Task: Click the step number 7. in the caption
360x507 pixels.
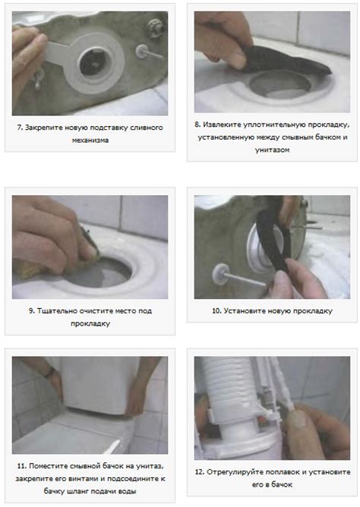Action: (20, 128)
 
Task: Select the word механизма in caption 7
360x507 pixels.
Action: (90, 140)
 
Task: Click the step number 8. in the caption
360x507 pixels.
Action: (197, 124)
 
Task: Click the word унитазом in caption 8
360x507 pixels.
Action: (272, 150)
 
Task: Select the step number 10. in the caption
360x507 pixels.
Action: (216, 311)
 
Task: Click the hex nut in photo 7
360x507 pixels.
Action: (155, 27)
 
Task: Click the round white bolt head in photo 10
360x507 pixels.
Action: (220, 274)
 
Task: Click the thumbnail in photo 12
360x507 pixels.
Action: (298, 418)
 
